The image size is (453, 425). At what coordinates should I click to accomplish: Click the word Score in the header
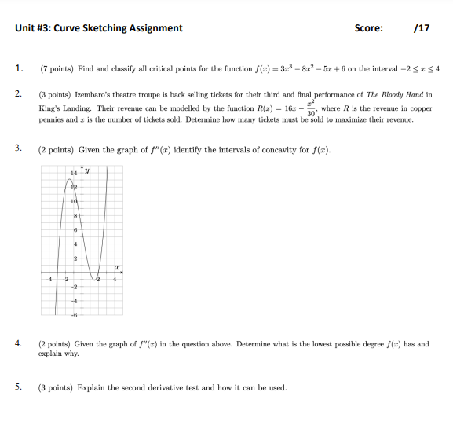pos(368,28)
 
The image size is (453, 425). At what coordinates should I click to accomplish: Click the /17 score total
pos(421,28)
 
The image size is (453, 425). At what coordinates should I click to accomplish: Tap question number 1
pos(18,68)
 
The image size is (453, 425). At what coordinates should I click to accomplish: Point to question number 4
pos(18,344)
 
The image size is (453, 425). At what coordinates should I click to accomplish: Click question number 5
pos(18,387)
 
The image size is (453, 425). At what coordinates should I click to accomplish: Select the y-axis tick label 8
pos(75,215)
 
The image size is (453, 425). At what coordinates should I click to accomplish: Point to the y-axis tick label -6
pos(75,315)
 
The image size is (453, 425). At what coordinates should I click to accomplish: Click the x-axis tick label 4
pos(115,279)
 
